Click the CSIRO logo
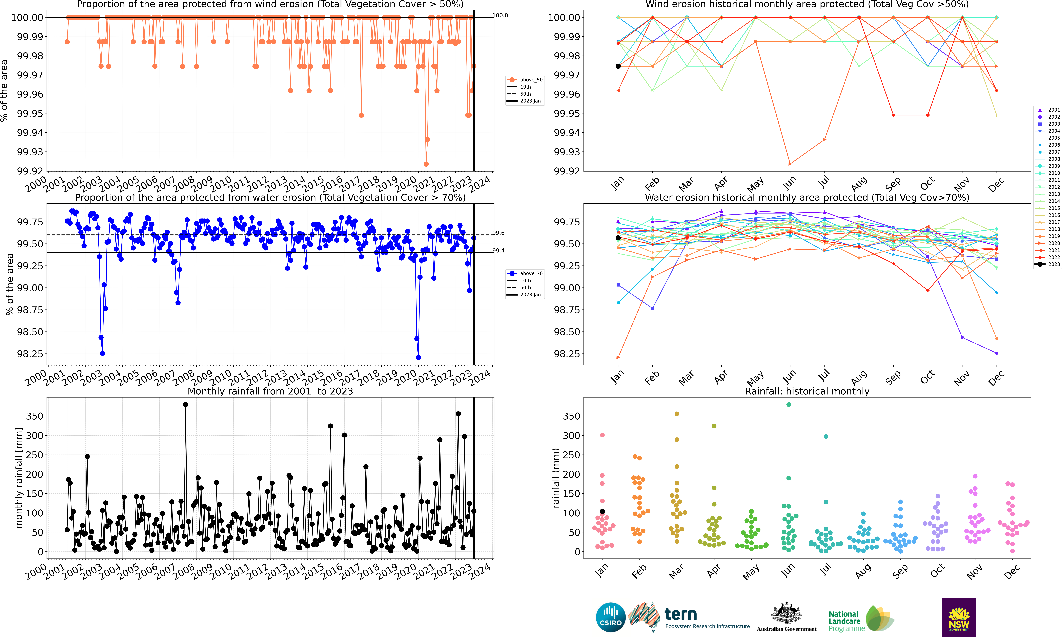click(610, 617)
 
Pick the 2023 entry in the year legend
click(1048, 264)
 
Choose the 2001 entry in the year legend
click(1048, 110)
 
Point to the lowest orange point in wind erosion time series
click(426, 164)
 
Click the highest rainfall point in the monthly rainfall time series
click(186, 405)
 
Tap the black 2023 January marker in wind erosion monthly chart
click(618, 66)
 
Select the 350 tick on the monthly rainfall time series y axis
click(35, 416)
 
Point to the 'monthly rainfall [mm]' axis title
click(19, 478)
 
